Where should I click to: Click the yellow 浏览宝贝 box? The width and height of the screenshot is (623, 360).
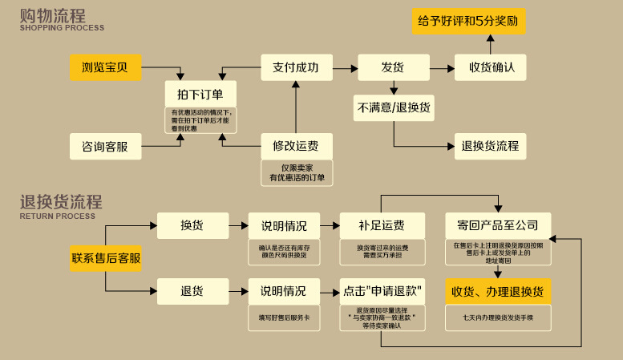click(x=106, y=67)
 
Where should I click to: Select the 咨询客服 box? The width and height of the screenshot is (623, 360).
click(x=106, y=146)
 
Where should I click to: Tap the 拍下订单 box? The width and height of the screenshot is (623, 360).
click(x=200, y=93)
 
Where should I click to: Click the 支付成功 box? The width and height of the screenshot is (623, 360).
click(x=296, y=67)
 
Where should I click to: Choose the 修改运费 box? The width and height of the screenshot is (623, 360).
click(x=296, y=146)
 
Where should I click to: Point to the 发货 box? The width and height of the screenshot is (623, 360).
click(x=392, y=67)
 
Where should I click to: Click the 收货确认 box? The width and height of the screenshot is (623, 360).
click(x=492, y=67)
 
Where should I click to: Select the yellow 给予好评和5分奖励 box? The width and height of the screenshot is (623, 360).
click(x=469, y=22)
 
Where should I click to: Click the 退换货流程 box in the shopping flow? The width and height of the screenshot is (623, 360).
click(x=490, y=146)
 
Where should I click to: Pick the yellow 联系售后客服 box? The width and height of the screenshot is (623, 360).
click(x=106, y=258)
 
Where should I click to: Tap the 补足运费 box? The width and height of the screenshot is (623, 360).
click(x=382, y=225)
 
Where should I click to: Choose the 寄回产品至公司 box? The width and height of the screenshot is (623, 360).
click(x=498, y=225)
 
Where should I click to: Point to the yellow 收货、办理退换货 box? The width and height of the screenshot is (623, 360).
click(x=498, y=290)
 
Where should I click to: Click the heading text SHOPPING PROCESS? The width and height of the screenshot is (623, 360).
click(x=62, y=28)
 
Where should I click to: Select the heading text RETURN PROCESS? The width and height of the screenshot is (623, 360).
click(x=58, y=216)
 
